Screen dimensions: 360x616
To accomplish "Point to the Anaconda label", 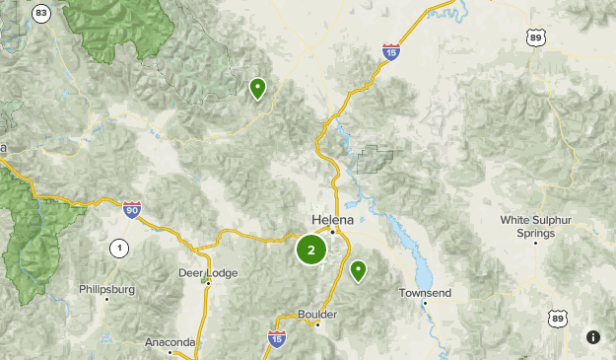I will click(170, 341).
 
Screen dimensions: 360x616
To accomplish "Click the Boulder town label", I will click(317, 315).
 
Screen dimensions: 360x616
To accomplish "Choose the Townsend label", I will click(424, 293).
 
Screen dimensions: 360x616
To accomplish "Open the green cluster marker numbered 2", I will click(311, 250).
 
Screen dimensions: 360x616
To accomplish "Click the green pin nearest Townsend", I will click(358, 269).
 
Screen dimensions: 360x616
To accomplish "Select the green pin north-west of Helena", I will click(257, 88).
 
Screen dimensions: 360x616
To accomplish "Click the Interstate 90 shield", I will click(132, 209).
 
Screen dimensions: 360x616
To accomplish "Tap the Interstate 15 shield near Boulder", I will click(277, 338).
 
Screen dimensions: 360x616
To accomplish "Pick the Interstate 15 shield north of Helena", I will click(391, 52).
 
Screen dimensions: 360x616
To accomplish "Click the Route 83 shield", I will click(40, 12).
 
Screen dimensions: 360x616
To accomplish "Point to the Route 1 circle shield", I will click(118, 248).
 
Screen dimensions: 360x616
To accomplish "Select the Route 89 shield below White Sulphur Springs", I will click(559, 318).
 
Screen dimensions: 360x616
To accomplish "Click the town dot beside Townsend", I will click(425, 303).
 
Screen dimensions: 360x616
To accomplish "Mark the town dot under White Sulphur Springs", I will click(534, 242).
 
